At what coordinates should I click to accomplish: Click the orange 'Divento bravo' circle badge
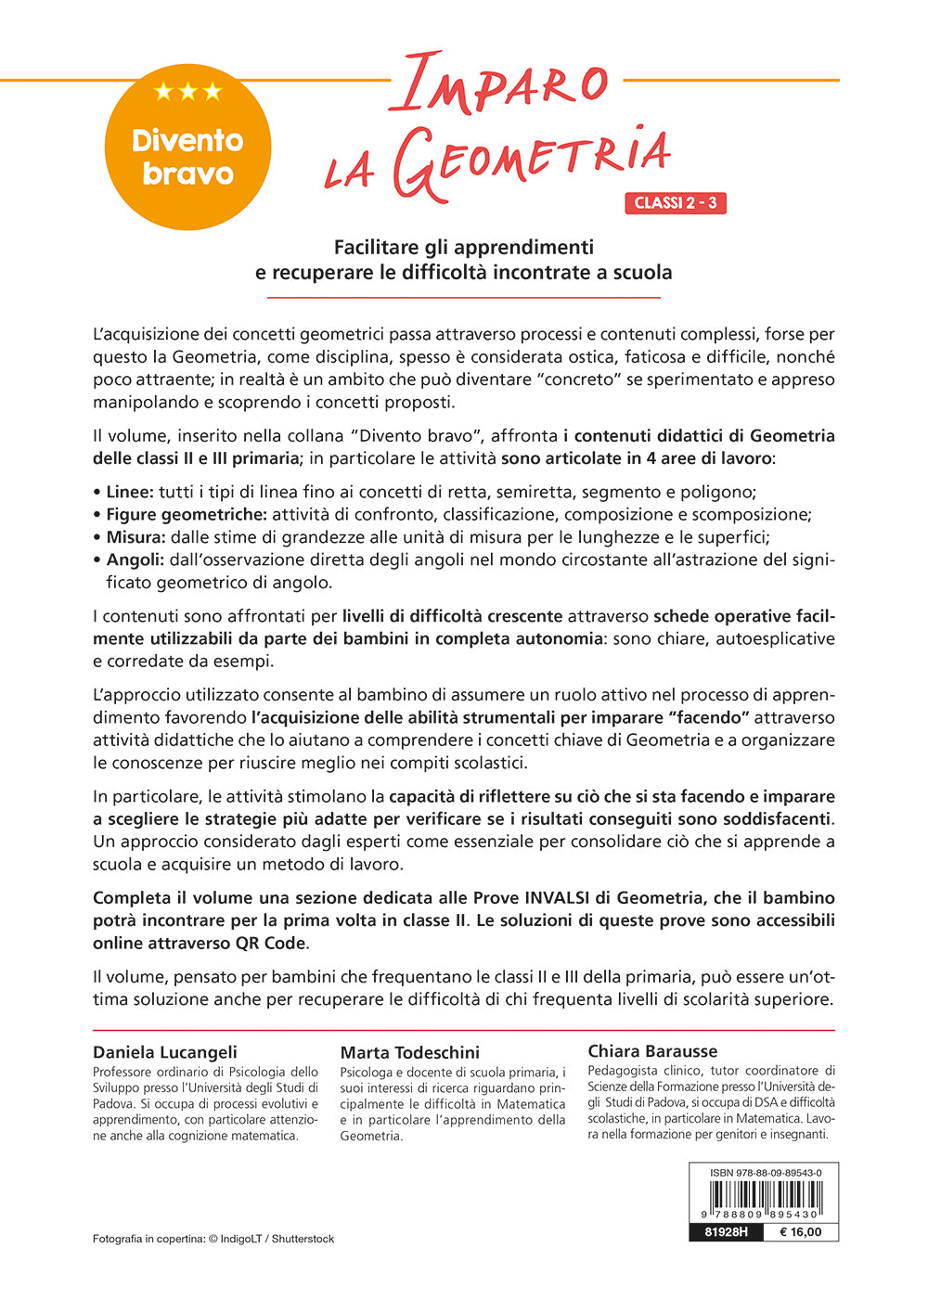[187, 148]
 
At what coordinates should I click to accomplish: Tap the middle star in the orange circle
[188, 91]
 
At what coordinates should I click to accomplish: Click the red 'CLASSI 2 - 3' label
[676, 203]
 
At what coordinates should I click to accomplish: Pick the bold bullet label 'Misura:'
[135, 537]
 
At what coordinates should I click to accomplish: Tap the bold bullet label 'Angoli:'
[135, 559]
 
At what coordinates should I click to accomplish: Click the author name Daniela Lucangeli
[165, 1052]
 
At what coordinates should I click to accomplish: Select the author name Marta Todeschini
[410, 1052]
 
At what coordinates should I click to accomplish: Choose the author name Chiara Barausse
[652, 1051]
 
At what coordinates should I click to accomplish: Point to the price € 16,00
[800, 1232]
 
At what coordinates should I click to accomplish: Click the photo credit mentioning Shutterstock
[213, 1239]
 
